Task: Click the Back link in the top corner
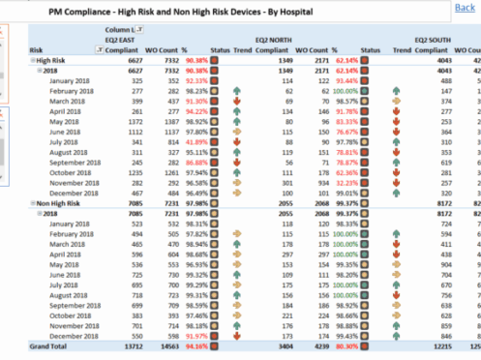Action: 465,8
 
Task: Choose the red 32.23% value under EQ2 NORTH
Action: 345,181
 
